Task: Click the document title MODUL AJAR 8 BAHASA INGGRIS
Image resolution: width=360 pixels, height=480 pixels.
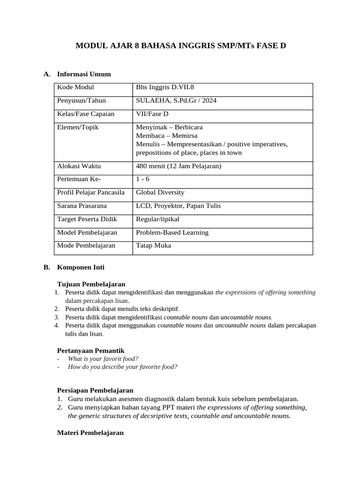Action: (x=180, y=46)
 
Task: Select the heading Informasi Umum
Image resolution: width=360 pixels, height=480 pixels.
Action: (x=84, y=74)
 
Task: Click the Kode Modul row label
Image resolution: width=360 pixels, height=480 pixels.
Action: (x=75, y=87)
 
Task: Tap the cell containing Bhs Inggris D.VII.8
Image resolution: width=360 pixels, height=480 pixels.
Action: (x=164, y=87)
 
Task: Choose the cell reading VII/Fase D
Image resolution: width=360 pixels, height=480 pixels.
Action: (x=152, y=114)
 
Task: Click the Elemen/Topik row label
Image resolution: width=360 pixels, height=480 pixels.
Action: (x=78, y=127)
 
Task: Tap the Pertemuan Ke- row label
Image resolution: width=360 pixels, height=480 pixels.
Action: (x=79, y=179)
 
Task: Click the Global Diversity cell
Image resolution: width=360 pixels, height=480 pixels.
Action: (x=160, y=192)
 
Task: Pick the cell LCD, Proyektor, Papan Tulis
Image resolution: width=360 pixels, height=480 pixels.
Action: (x=178, y=205)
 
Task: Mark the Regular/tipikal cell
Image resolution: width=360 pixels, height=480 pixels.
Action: (x=157, y=219)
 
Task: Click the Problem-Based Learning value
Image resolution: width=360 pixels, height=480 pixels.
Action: (x=172, y=232)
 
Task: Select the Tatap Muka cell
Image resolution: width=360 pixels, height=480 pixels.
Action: (x=153, y=245)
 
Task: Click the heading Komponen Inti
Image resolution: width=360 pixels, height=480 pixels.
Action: (x=81, y=267)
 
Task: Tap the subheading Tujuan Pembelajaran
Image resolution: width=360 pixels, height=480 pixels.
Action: (x=91, y=284)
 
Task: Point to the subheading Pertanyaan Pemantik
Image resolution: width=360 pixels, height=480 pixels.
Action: (x=90, y=351)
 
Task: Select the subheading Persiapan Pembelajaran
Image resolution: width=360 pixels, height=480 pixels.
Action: (x=95, y=390)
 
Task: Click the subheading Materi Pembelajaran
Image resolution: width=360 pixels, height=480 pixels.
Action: (x=90, y=433)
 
